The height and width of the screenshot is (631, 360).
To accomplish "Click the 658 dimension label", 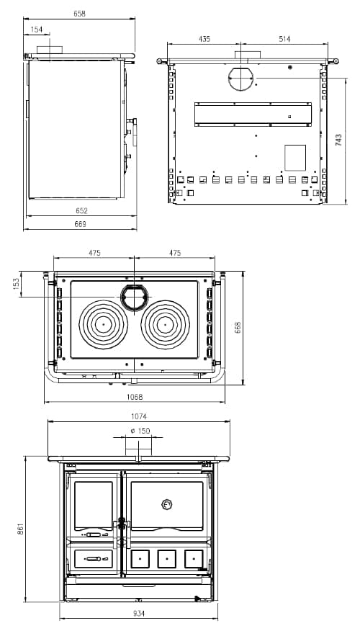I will [79, 14].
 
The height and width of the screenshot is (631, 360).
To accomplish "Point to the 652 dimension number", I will [81, 211].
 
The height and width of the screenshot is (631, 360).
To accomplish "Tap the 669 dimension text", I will [80, 225].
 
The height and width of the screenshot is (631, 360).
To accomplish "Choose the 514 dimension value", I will [284, 39].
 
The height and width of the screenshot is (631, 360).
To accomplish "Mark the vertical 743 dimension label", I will [339, 140].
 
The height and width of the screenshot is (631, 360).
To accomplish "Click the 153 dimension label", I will [17, 284].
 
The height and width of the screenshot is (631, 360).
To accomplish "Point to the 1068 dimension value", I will [135, 398].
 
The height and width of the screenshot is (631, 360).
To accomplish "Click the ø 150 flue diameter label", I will [140, 431].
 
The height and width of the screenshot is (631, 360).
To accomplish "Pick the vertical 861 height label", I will [21, 529].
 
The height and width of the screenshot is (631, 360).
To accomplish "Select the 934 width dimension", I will [139, 614].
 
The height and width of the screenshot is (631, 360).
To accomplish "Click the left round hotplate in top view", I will [104, 324].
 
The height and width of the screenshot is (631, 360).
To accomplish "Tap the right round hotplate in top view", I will [165, 324].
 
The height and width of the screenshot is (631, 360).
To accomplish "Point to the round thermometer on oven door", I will [167, 504].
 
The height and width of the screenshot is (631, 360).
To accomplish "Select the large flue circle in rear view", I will [242, 79].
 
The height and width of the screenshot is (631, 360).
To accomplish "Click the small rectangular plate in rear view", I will [295, 158].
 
